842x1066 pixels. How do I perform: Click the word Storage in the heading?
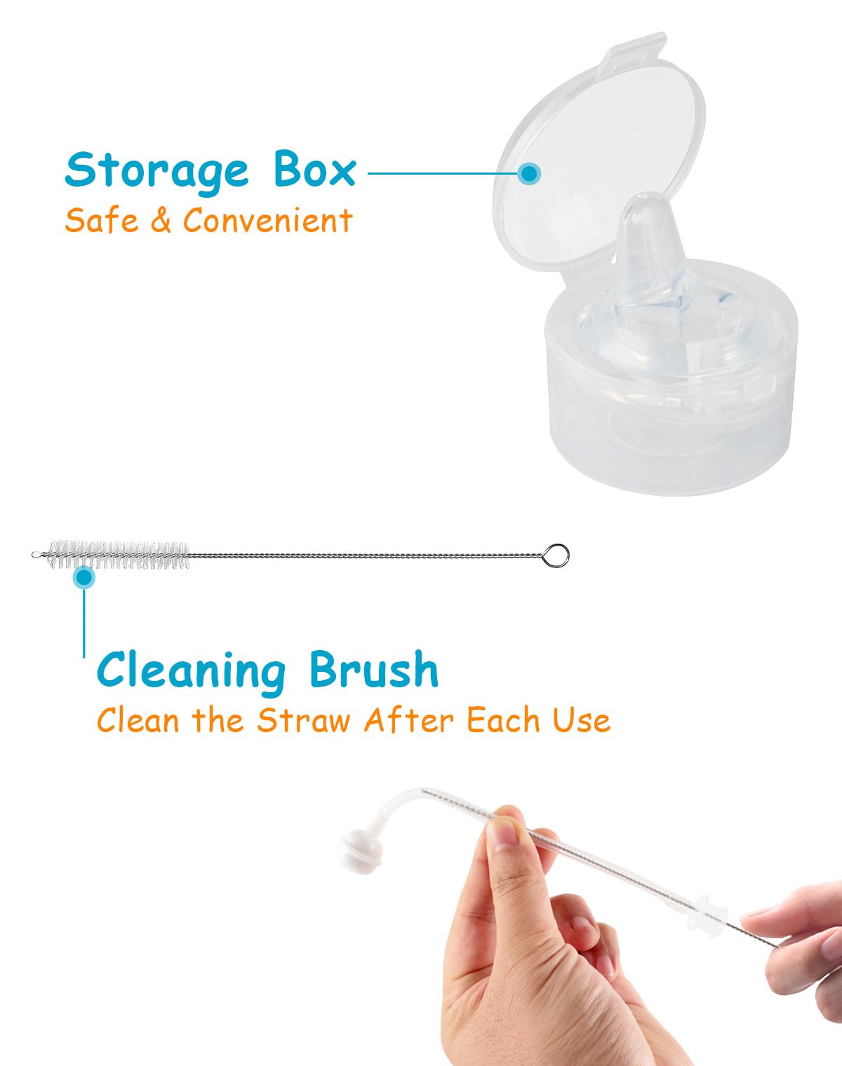pos(156,170)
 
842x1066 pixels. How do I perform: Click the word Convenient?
pos(267,220)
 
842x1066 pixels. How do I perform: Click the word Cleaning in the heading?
pos(191,670)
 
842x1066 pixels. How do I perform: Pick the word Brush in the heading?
pos(373,669)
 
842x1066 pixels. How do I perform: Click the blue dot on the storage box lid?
pos(530,173)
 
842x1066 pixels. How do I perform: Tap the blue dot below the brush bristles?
pos(84,577)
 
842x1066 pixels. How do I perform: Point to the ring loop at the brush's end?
pos(556,556)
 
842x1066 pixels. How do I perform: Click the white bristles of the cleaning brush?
pos(119,554)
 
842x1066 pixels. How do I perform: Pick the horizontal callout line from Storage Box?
pos(442,173)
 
